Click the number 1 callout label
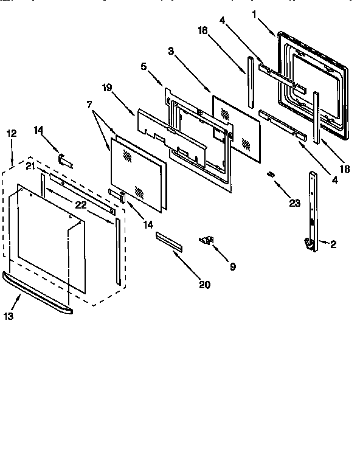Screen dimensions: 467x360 [255, 13]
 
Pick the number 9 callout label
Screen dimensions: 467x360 [232, 266]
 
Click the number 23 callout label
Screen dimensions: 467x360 [294, 203]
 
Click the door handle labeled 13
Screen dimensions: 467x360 [36, 296]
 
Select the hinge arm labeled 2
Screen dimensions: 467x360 [312, 207]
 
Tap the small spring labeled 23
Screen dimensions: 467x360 [271, 175]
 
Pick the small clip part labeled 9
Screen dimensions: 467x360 [207, 240]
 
